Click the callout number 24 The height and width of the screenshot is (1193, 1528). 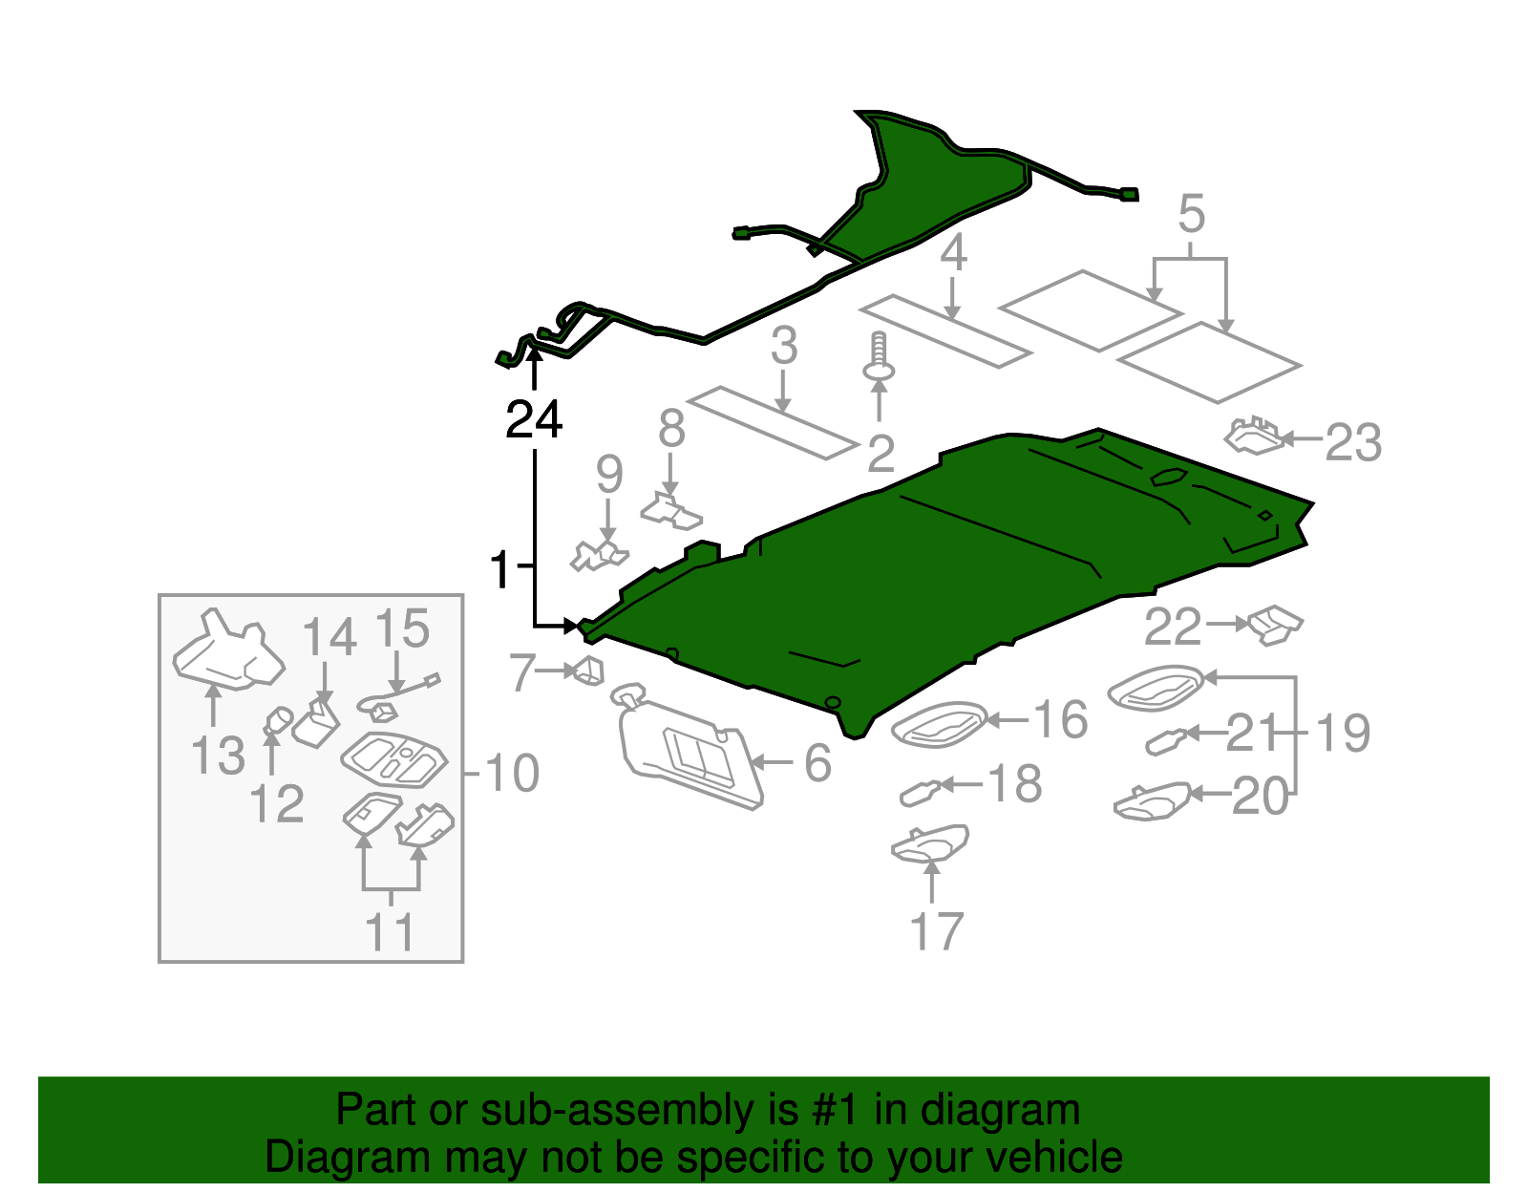click(x=534, y=419)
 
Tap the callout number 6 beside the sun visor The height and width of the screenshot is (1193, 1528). click(x=817, y=763)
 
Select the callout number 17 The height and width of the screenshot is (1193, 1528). click(x=936, y=931)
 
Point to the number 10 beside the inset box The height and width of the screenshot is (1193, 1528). click(x=513, y=774)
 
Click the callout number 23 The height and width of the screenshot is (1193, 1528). click(x=1353, y=443)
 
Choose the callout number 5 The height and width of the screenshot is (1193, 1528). click(x=1191, y=214)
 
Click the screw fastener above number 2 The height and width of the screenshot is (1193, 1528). click(x=879, y=357)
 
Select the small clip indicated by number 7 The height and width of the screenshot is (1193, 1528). click(x=589, y=671)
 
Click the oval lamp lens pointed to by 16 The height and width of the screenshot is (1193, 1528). click(x=939, y=725)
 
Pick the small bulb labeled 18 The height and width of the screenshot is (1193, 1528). click(x=921, y=794)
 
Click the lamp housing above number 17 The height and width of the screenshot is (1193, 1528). click(x=929, y=843)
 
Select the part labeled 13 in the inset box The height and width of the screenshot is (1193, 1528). click(x=228, y=650)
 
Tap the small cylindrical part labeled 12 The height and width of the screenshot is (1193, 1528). click(x=279, y=720)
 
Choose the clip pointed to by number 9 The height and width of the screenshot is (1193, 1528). click(x=599, y=555)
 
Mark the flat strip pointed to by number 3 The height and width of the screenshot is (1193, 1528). click(x=773, y=422)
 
